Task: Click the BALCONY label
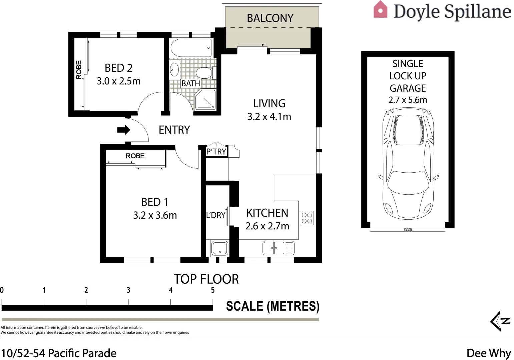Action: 270,18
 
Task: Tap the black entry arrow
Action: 124,130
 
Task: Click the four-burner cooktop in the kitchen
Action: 307,218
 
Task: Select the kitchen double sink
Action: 274,248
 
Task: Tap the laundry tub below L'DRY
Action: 220,248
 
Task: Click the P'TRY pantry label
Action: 216,152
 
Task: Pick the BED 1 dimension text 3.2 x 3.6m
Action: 155,215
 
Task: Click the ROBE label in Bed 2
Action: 79,70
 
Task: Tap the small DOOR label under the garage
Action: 408,230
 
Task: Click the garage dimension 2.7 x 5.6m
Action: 408,100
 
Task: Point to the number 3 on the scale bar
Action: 128,290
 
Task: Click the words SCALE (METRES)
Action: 273,306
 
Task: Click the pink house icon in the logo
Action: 381,9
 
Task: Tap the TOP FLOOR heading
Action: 206,279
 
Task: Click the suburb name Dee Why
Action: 489,353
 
